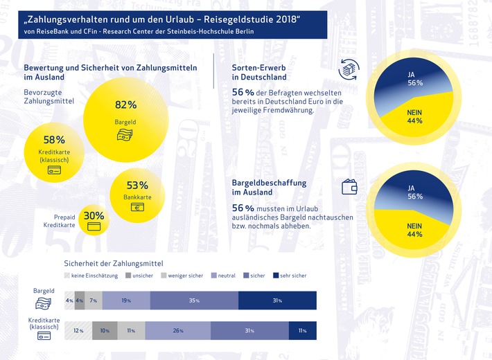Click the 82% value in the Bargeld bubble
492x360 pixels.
pyautogui.click(x=125, y=105)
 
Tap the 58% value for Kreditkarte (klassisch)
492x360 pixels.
pyautogui.click(x=54, y=140)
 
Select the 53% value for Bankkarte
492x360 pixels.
pyautogui.click(x=137, y=185)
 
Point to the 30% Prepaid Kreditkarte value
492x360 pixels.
pyautogui.click(x=94, y=216)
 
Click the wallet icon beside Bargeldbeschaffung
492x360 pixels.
pyautogui.click(x=349, y=186)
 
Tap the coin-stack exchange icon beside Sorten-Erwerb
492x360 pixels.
pyautogui.click(x=348, y=70)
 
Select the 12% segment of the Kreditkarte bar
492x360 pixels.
pyautogui.click(x=78, y=331)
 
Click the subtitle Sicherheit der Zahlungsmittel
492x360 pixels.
pyautogui.click(x=113, y=262)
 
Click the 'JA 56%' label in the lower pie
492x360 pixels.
pyautogui.click(x=416, y=191)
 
